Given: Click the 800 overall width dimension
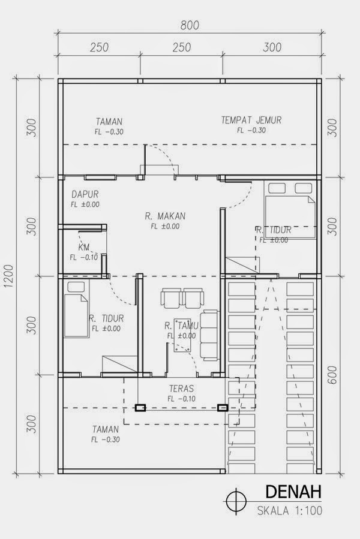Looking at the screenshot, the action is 190,25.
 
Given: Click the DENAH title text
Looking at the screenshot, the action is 293,492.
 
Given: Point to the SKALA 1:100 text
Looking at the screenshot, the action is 290,510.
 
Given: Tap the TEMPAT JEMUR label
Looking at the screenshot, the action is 251,121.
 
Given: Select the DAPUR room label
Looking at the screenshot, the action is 85,194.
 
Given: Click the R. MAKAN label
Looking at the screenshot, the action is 165,216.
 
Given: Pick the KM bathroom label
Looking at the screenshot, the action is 84,247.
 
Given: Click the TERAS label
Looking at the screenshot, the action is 181,389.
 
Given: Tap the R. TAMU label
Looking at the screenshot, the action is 181,326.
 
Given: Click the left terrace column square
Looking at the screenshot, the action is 140,408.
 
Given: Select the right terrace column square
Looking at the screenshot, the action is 223,408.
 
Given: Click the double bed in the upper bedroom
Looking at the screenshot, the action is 290,209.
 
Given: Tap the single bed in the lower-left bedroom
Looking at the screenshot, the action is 76,308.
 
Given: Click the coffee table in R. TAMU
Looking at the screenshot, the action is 182,335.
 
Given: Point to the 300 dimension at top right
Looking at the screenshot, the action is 272,47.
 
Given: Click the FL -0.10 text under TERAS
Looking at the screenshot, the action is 181,399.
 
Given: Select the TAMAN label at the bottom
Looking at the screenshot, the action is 106,429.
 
